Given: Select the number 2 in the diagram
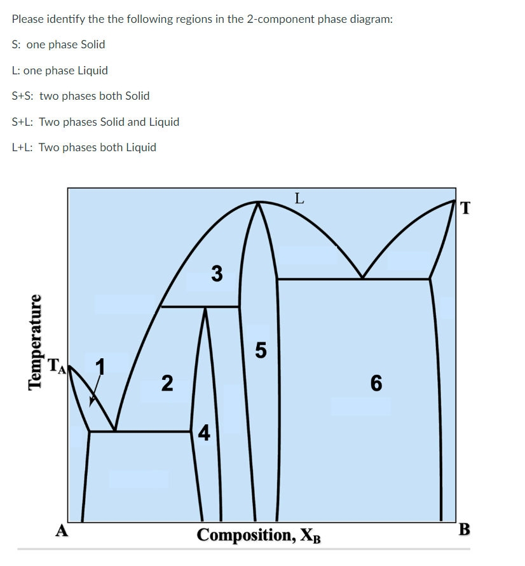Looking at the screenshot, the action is [166, 383].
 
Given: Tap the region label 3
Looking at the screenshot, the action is [217, 274].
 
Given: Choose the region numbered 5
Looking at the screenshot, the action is [261, 349].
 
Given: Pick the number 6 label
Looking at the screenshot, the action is [376, 383].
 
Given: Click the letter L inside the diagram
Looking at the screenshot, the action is [299, 197].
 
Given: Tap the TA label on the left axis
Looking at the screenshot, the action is [57, 365].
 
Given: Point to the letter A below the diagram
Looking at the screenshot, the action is [61, 530].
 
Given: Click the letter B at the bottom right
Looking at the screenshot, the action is [465, 529].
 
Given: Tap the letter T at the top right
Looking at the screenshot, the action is [465, 208].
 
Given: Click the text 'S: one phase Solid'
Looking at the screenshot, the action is [58, 44].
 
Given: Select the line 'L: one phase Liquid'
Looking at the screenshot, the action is [60, 71].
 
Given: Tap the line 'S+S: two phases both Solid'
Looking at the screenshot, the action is [81, 96].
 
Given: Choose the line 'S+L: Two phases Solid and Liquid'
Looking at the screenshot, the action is [95, 122].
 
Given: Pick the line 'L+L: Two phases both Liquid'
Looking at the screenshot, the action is [84, 147].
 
